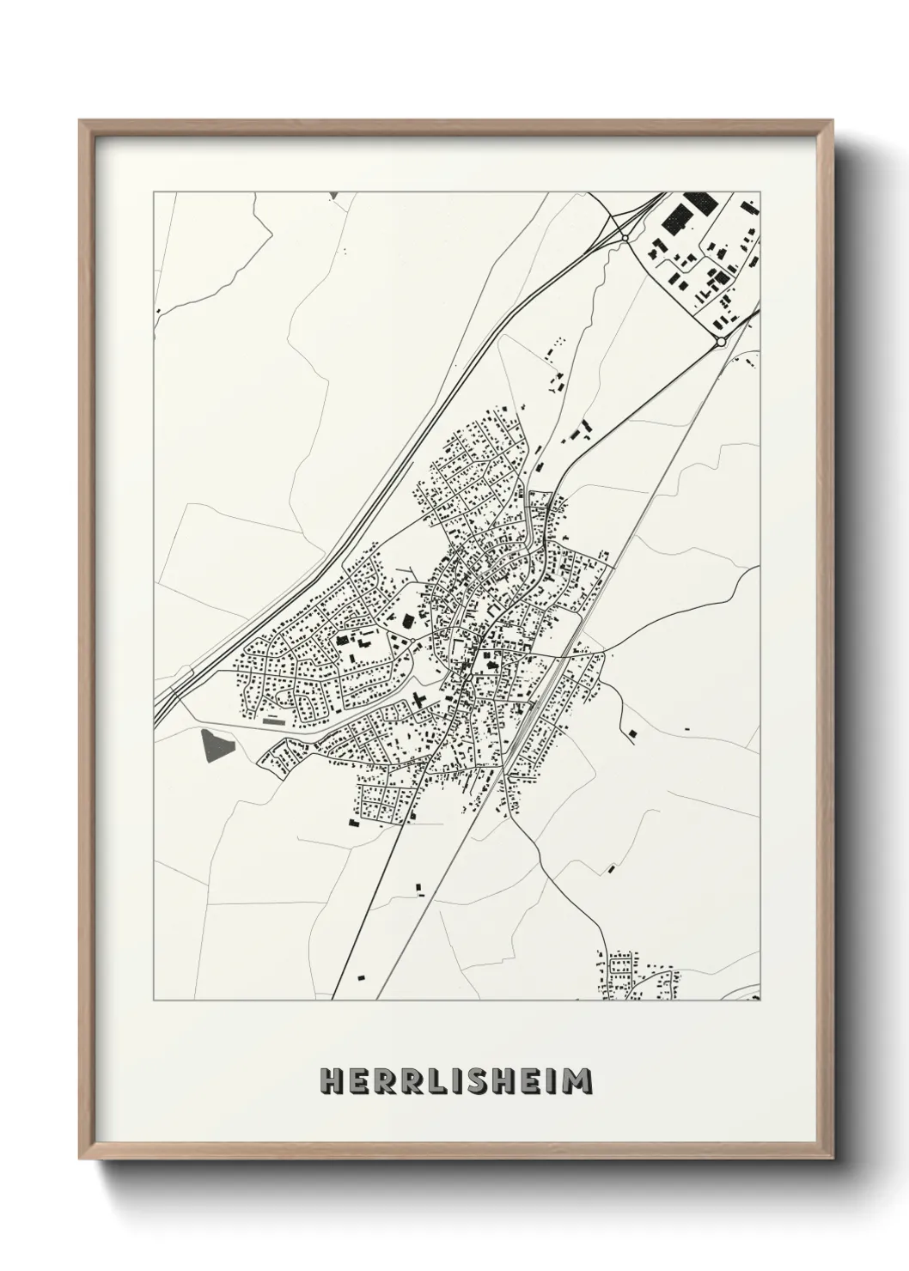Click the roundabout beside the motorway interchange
pyautogui.click(x=626, y=237)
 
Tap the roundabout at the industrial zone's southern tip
pyautogui.click(x=720, y=341)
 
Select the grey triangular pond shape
pyautogui.click(x=216, y=745)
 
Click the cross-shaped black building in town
pyautogui.click(x=418, y=700)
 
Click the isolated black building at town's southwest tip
pyautogui.click(x=353, y=823)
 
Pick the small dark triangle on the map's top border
pyautogui.click(x=333, y=196)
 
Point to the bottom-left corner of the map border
pyautogui.click(x=154, y=1000)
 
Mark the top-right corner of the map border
pyautogui.click(x=760, y=192)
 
